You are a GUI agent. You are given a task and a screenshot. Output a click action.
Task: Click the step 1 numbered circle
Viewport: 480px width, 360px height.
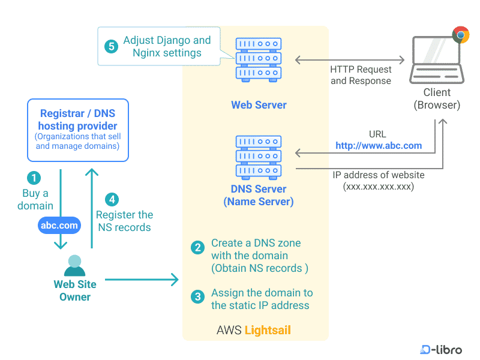coord(35,178)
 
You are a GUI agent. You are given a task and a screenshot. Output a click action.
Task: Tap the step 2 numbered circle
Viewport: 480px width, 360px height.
coord(197,247)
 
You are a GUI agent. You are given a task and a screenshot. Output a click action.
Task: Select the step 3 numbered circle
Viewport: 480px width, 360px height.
coord(197,296)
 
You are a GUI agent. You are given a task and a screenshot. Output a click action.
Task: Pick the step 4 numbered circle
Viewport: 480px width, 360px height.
coord(110,199)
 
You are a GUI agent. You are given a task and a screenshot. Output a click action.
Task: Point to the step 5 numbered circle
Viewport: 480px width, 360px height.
coord(110,47)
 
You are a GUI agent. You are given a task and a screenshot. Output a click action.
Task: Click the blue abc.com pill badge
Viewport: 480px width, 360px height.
coord(60,226)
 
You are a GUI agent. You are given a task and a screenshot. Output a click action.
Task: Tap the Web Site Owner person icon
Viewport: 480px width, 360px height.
coord(74,266)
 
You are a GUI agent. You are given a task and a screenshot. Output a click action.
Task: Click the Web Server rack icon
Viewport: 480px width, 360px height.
coord(259,59)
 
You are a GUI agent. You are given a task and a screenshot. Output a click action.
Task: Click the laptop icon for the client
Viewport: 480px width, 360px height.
coord(436,61)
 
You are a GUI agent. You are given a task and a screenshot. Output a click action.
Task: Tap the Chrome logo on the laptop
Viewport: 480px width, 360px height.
coord(461,34)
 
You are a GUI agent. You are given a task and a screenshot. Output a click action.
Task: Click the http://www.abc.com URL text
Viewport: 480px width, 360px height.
coord(379,146)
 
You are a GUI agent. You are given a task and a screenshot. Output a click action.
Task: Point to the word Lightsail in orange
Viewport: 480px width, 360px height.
coord(268,331)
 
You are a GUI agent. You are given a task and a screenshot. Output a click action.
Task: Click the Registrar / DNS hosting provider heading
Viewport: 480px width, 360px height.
coord(77,119)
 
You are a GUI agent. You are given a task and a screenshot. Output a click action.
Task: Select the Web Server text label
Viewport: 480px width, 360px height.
coord(259,105)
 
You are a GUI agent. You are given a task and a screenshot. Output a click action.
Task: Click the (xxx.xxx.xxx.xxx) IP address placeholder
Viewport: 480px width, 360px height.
coord(379,187)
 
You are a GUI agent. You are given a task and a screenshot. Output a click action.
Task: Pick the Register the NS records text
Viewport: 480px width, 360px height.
coord(124,221)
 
